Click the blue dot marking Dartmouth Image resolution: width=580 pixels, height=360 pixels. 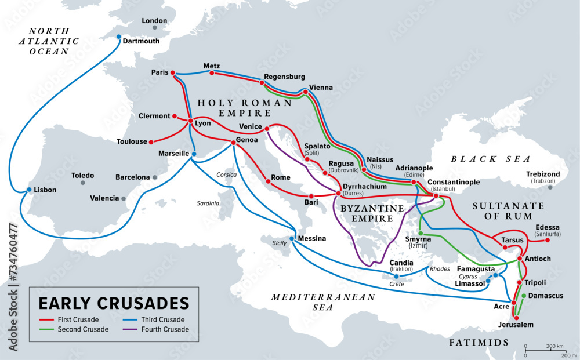pyautogui.click(x=119, y=37)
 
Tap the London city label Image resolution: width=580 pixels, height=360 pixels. pyautogui.click(x=155, y=21)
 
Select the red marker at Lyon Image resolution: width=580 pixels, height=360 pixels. pyautogui.click(x=191, y=121)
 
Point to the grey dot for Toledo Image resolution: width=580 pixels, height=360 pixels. pyautogui.click(x=83, y=183)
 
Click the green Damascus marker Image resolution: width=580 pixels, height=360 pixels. pyautogui.click(x=524, y=296)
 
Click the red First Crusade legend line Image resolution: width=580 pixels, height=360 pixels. pyautogui.click(x=46, y=319)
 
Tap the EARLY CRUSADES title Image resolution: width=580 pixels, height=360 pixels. pyautogui.click(x=114, y=303)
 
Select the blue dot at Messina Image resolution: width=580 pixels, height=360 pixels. pyautogui.click(x=292, y=238)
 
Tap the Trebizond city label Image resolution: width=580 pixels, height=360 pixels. pyautogui.click(x=543, y=174)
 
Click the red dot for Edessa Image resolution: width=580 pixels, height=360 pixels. pyautogui.click(x=547, y=239)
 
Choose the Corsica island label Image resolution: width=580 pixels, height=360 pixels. pyautogui.click(x=227, y=174)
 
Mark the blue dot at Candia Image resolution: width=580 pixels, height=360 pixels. pyautogui.click(x=397, y=277)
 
